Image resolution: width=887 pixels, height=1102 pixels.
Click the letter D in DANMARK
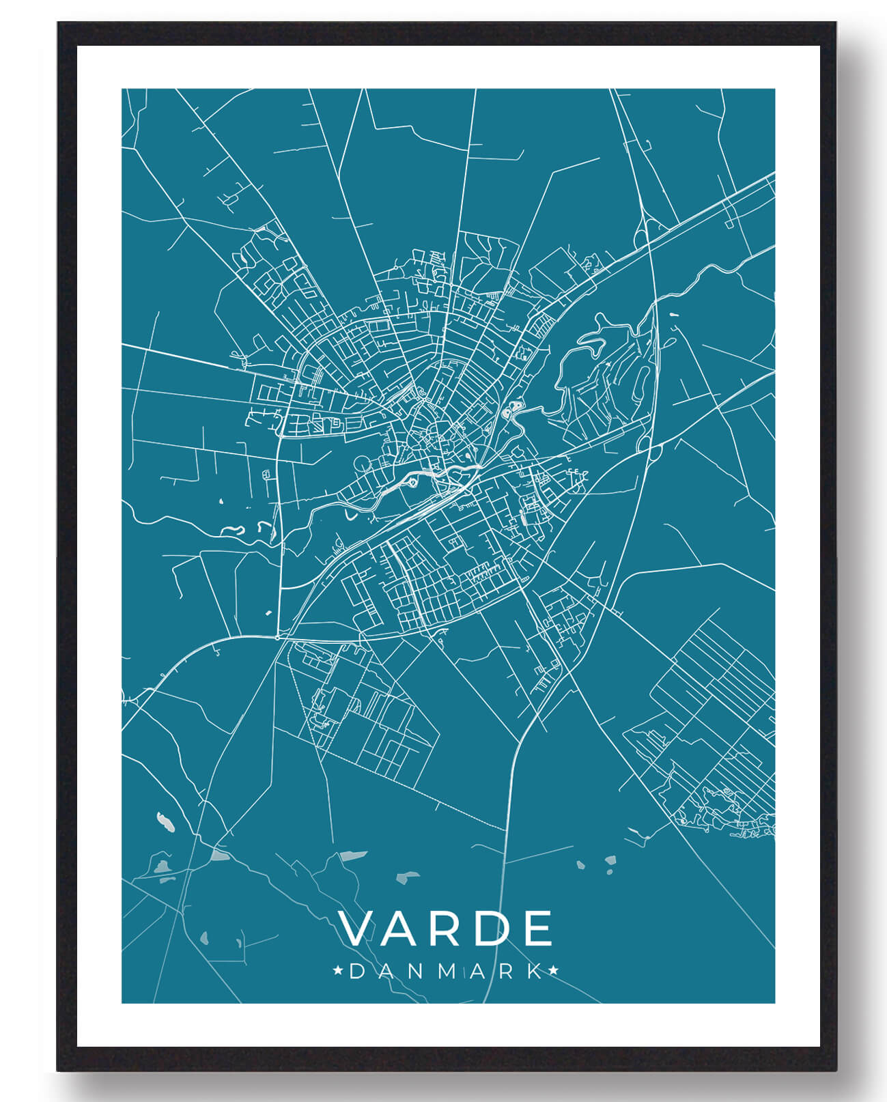point(356,972)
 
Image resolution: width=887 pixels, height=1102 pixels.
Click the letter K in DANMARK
point(539,972)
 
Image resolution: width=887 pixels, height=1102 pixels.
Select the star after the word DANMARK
point(554,970)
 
